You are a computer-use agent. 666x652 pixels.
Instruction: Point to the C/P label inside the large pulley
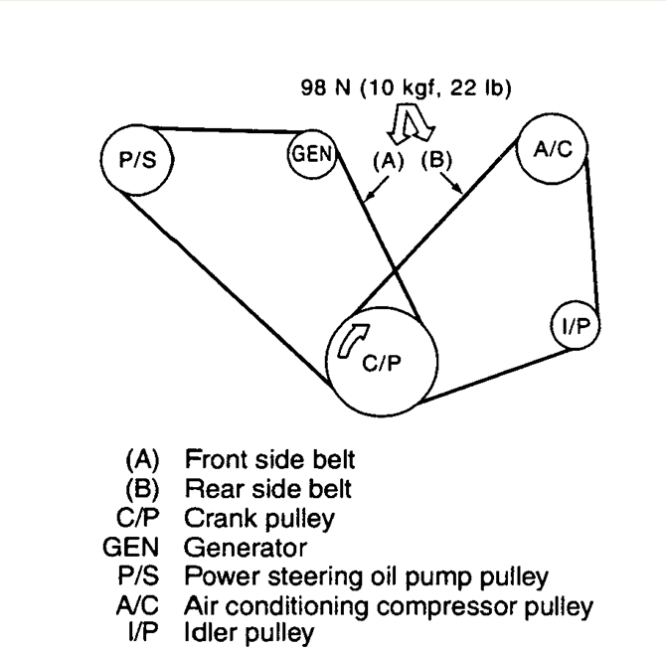[382, 363]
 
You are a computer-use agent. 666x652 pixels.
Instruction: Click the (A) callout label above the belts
[389, 161]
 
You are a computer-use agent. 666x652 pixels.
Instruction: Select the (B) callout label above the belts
[436, 160]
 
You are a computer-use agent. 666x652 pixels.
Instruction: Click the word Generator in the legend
[246, 548]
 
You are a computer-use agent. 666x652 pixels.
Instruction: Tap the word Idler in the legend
[211, 632]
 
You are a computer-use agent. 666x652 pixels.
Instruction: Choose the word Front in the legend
[216, 459]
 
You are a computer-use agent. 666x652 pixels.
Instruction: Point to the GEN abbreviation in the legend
[131, 547]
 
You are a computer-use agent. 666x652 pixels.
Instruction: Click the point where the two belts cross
[395, 269]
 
